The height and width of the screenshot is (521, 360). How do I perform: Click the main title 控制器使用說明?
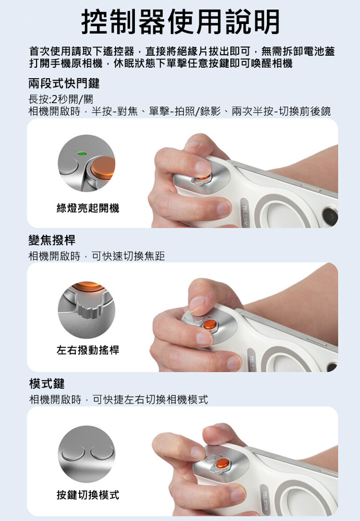[x=180, y=22]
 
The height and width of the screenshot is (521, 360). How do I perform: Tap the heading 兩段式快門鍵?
[x=64, y=83]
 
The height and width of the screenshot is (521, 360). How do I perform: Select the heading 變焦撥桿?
[x=52, y=240]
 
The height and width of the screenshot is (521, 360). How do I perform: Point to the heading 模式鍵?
[x=46, y=383]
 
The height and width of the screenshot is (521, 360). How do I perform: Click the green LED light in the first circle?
[x=81, y=154]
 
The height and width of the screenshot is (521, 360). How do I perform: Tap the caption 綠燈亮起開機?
[x=88, y=208]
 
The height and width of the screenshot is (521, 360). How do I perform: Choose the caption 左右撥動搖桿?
[x=88, y=350]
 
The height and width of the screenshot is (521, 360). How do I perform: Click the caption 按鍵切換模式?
[x=88, y=495]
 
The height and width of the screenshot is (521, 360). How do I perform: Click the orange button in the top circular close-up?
[x=103, y=168]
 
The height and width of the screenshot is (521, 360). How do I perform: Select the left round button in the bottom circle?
[x=73, y=453]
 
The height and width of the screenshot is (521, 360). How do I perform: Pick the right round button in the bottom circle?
[x=102, y=453]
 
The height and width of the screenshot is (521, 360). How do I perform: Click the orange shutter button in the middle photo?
[x=210, y=324]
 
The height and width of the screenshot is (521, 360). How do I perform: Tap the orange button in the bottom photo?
[x=222, y=463]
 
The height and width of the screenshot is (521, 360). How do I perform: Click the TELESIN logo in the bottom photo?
[x=265, y=500]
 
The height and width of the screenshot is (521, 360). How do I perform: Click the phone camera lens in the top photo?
[x=330, y=217]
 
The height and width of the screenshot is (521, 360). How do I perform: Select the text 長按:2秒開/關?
[x=61, y=99]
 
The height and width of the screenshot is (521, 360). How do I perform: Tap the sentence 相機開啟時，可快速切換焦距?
[x=97, y=256]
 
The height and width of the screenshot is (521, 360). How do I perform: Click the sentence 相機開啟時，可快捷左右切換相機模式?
[x=119, y=400]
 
